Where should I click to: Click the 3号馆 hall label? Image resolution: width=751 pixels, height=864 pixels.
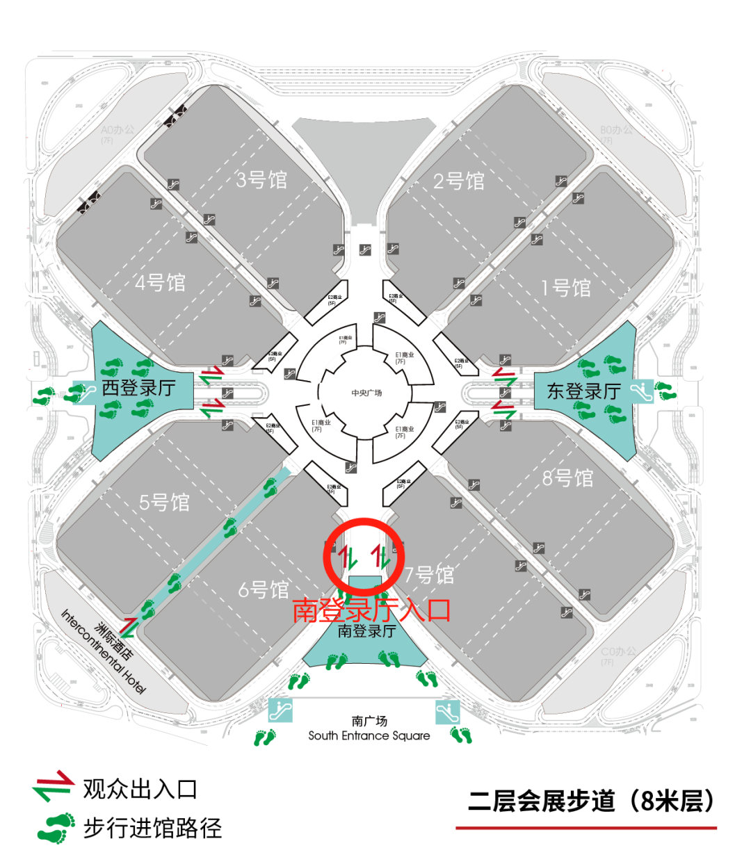(x=261, y=180)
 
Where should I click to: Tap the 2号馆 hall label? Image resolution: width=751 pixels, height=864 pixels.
(x=459, y=181)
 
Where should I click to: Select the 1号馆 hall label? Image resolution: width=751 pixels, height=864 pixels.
(x=566, y=288)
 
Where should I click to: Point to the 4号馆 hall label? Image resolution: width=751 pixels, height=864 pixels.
(x=161, y=283)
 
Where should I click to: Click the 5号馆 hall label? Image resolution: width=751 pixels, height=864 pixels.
(x=164, y=503)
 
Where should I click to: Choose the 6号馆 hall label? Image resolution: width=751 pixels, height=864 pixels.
(x=264, y=590)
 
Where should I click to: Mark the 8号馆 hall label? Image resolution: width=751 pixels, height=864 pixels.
(x=568, y=478)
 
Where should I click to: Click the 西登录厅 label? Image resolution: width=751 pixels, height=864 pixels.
(x=138, y=388)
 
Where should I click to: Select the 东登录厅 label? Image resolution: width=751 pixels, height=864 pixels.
(x=584, y=391)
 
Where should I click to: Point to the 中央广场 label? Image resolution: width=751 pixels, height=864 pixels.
(x=366, y=393)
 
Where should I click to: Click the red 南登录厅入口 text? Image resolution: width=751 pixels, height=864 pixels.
(x=371, y=610)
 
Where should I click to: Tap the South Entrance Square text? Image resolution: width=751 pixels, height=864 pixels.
(x=369, y=735)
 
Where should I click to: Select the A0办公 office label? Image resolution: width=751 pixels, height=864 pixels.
(x=118, y=130)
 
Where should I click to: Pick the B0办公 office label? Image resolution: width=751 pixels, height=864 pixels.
(x=616, y=130)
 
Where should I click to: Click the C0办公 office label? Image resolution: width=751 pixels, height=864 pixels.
(x=618, y=652)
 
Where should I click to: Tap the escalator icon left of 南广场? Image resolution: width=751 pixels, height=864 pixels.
(x=280, y=710)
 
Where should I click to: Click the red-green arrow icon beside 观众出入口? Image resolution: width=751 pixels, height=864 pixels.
(x=53, y=785)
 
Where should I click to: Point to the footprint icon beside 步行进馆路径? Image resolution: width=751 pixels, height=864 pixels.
(x=56, y=828)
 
